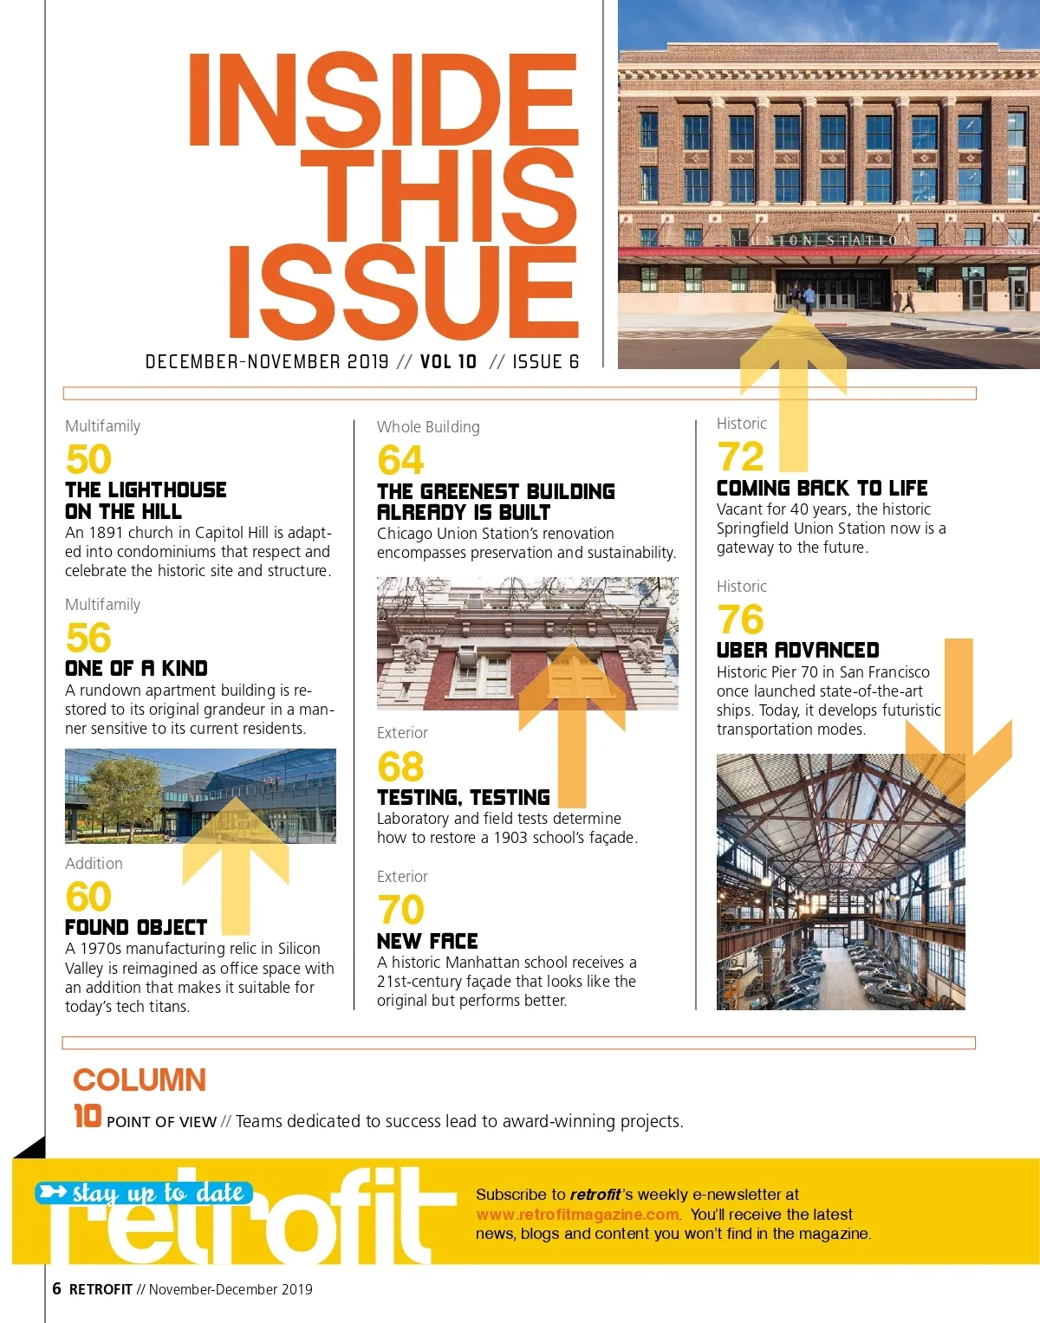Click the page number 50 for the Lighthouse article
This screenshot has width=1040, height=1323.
(88, 459)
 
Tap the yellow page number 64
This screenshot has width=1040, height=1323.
(400, 460)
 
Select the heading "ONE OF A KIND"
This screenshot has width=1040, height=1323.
(136, 668)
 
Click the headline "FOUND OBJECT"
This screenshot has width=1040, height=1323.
(136, 927)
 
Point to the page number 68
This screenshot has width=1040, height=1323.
(400, 767)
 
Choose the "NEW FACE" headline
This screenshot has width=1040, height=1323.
(427, 941)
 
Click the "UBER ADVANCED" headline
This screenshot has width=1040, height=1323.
(797, 650)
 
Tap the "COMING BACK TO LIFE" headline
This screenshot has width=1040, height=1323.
(822, 488)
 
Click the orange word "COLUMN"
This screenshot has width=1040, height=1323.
(140, 1080)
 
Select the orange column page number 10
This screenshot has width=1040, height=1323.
(88, 1116)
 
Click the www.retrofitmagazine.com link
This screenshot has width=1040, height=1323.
(578, 1215)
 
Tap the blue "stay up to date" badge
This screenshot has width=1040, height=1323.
(145, 1193)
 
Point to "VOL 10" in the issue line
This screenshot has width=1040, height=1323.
(448, 362)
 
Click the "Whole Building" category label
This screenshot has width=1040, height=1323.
(428, 427)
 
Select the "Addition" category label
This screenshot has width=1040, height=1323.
(94, 864)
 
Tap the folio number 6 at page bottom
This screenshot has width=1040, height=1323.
(56, 1288)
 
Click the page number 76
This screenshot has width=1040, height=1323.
(741, 619)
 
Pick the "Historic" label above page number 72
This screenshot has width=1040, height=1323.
(742, 424)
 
